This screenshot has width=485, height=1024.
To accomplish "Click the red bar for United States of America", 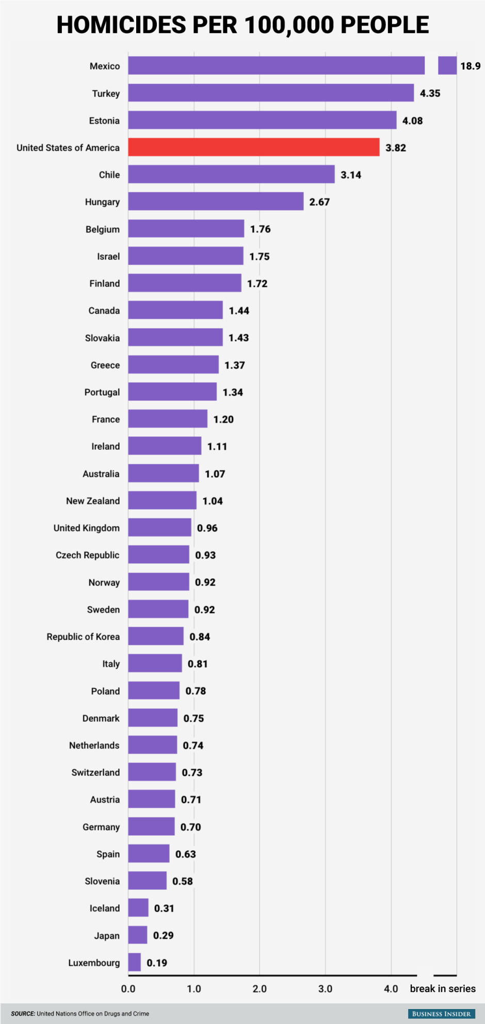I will (253, 147).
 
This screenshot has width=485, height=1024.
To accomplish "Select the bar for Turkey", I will (271, 93).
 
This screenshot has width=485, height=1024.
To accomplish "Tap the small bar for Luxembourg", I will (134, 962).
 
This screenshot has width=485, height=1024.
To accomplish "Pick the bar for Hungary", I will (216, 201).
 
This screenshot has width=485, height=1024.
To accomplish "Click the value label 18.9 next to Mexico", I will (470, 66).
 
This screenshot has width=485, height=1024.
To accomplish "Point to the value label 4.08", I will (412, 121).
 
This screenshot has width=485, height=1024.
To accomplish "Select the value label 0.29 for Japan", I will (163, 935).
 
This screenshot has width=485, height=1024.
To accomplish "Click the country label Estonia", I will (104, 121).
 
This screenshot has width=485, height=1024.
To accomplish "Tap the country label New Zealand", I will (93, 501).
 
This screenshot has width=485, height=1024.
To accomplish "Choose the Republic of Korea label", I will (83, 637).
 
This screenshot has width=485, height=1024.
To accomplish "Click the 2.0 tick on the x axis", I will (260, 988).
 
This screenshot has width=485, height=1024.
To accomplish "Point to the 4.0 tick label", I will (391, 988).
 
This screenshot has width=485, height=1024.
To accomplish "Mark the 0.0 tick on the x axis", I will (128, 988).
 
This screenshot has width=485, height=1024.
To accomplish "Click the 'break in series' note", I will (443, 988).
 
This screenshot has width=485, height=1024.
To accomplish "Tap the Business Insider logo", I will (441, 1014).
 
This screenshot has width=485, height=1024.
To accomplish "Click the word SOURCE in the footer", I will (23, 1014).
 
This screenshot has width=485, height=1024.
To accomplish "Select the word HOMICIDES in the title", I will (121, 25).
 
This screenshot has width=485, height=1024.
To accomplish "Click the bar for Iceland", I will (138, 907).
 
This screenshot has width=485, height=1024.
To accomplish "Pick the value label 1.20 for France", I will (223, 419).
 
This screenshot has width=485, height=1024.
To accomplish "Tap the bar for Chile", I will (231, 174).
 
